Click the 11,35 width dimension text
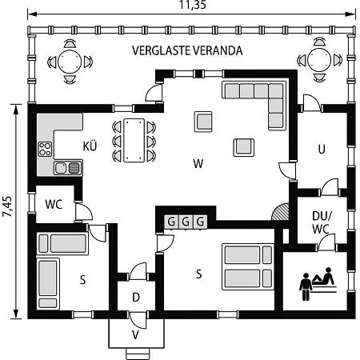point(193,5)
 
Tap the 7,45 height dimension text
point(7,206)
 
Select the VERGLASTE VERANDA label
point(187,50)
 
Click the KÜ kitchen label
point(90,146)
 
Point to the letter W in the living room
point(198,163)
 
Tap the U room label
point(322,150)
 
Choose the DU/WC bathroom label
point(321,222)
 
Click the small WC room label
point(54,204)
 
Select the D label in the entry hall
point(136,297)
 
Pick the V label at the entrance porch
point(135,335)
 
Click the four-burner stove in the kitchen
point(45,149)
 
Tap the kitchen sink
point(68,168)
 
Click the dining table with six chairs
point(134,141)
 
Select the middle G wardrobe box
point(186,222)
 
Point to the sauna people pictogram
point(318,284)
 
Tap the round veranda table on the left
point(70,62)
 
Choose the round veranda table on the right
point(319,60)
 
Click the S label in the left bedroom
point(83,280)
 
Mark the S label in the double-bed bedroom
point(199,274)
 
